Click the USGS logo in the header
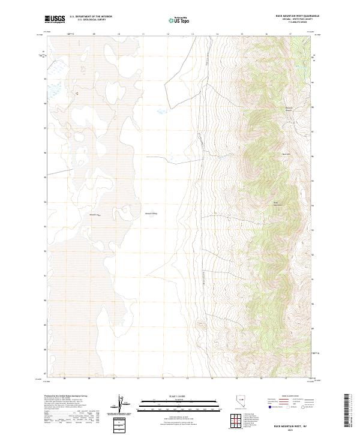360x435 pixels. [x=55, y=19]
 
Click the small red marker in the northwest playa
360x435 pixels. [x=76, y=93]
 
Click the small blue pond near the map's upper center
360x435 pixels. [x=160, y=112]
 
